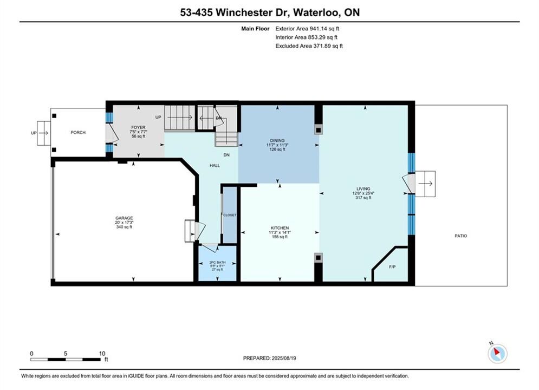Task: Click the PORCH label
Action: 78,132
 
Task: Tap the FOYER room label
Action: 138,127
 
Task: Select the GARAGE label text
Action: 124,218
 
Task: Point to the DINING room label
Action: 277,140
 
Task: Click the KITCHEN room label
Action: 280,228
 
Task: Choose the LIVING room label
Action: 363,188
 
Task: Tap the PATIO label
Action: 461,236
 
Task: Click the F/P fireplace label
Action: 392,266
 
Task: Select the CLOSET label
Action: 230,215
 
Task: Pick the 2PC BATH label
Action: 217,263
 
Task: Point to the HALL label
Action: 215,165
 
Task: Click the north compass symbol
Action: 497,353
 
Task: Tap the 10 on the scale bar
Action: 102,353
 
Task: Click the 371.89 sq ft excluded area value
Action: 328,45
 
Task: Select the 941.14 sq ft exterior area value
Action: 324,29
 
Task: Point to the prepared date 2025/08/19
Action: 284,358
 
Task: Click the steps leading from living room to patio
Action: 425,184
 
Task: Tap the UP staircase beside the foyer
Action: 179,118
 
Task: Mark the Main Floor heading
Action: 255,29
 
